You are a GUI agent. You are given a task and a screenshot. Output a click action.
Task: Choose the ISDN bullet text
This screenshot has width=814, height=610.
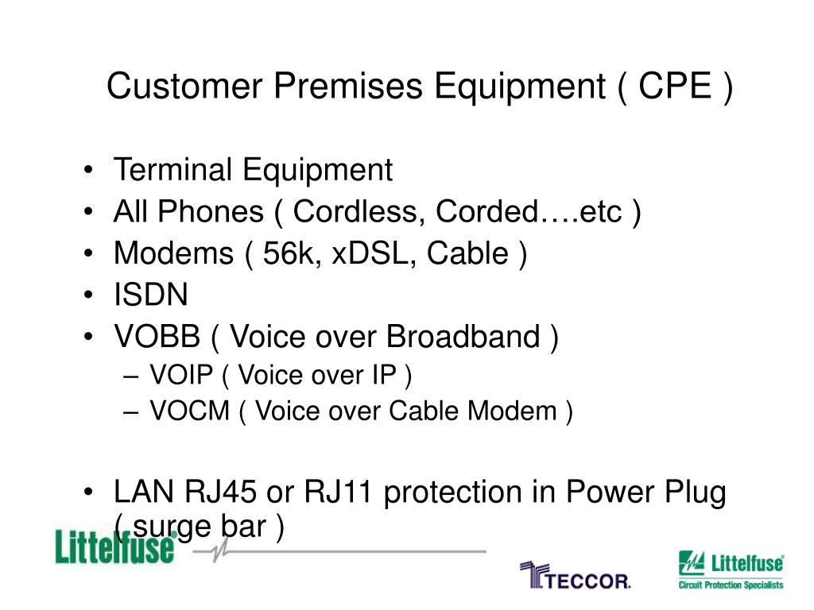coord(151,296)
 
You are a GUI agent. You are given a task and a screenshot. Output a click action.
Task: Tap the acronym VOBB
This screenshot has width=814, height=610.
coord(157,338)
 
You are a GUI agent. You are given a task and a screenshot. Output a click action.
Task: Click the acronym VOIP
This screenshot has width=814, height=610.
coord(183,375)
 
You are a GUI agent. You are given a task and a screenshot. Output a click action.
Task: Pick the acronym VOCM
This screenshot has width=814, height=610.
coord(188,411)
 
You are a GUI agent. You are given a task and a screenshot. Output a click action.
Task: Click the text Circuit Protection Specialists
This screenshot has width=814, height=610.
coord(730,585)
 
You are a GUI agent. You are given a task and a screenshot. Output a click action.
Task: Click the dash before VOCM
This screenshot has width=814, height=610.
coord(133,412)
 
